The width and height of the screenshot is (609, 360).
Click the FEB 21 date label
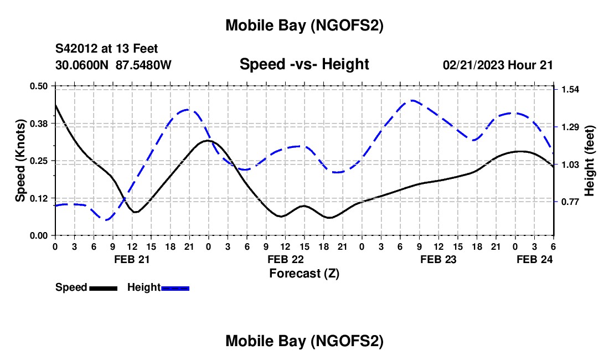coord(132,259)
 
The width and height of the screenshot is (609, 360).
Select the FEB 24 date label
coord(534,259)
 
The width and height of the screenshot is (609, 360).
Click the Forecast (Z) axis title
coord(304,273)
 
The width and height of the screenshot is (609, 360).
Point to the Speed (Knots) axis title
coord(20,161)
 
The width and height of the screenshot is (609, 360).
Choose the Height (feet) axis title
coord(589,161)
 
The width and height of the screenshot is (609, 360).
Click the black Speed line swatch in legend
coord(102,287)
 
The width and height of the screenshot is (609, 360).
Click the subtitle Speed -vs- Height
coord(304,64)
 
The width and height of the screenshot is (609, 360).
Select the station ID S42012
coord(78,49)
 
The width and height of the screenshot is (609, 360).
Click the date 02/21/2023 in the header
coord(473,65)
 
